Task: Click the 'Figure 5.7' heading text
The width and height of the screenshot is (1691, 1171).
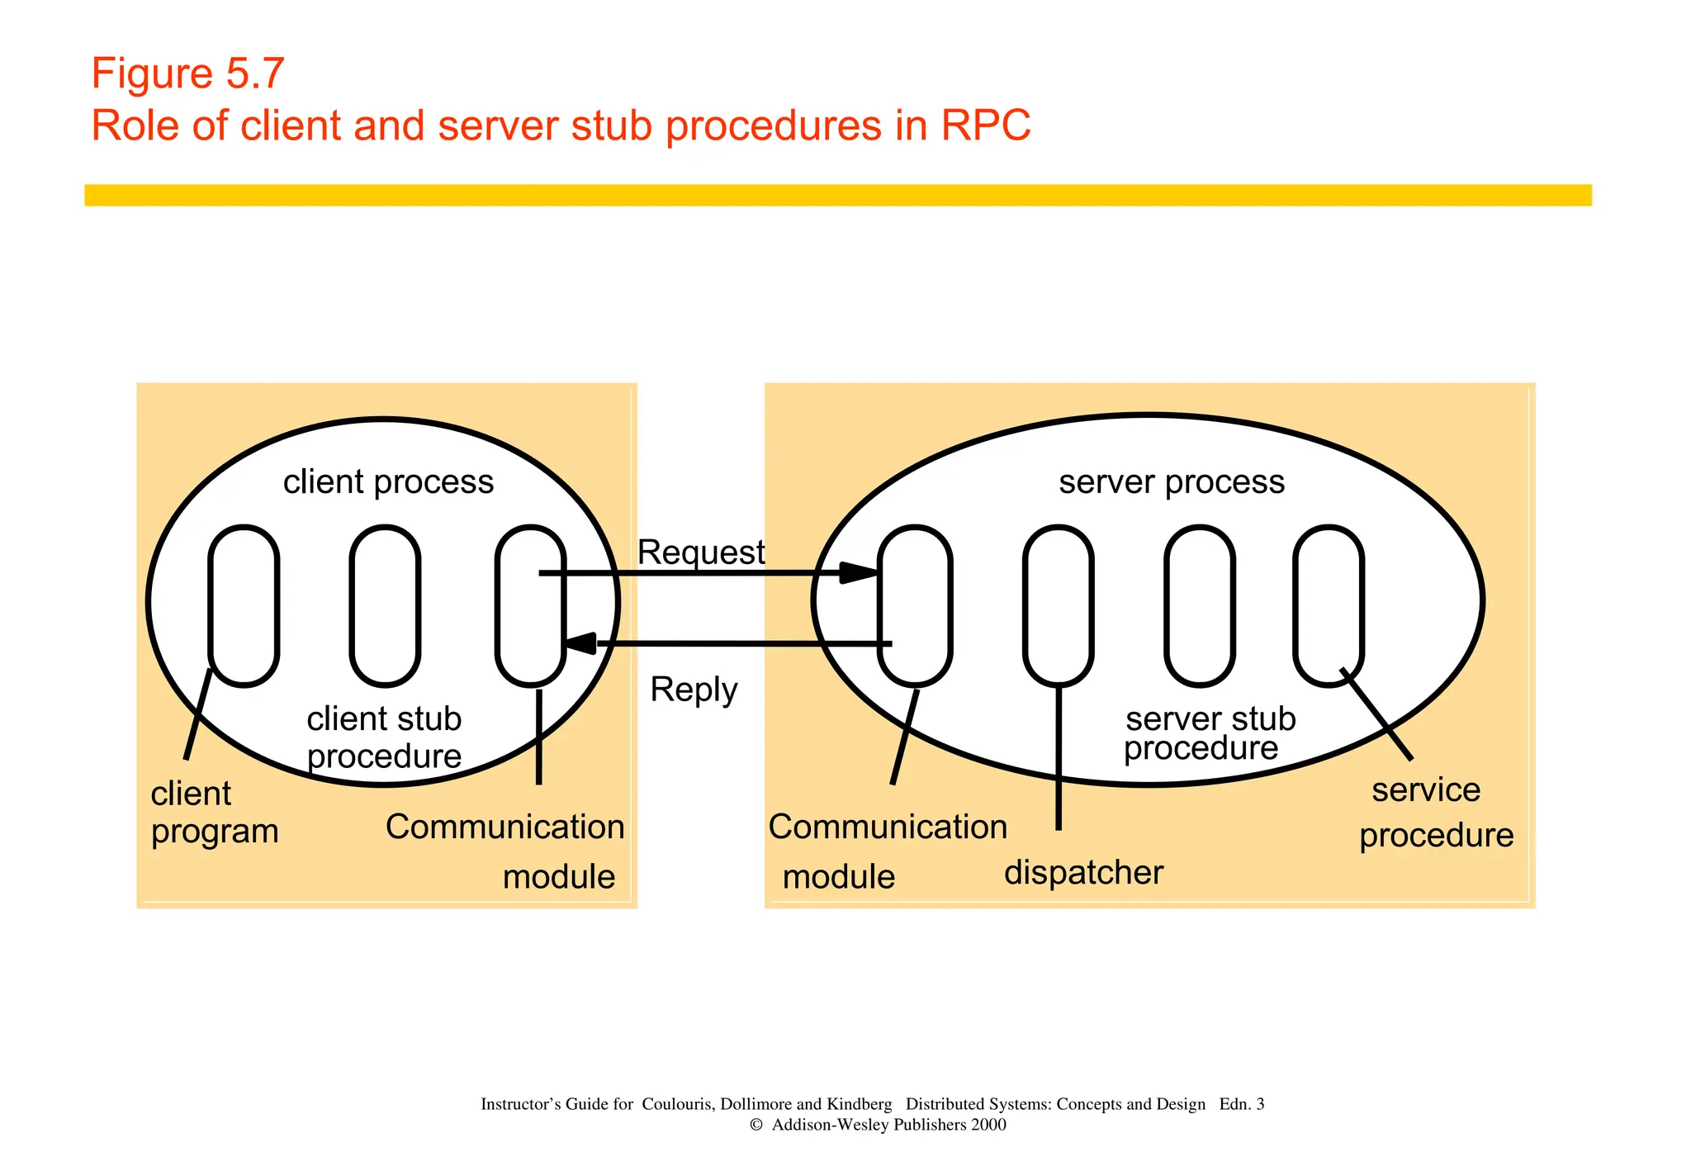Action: click(187, 73)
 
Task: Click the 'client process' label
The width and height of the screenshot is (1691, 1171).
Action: click(388, 481)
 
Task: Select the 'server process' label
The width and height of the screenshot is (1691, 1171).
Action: click(1171, 481)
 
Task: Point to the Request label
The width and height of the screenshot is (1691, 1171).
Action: click(701, 552)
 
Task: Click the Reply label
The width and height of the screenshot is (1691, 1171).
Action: click(694, 690)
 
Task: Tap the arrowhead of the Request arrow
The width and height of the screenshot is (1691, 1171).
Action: click(859, 572)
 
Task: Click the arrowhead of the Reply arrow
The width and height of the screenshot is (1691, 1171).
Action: click(580, 643)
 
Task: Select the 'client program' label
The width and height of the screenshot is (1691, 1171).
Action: click(214, 813)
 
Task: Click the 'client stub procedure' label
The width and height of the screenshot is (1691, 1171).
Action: click(384, 737)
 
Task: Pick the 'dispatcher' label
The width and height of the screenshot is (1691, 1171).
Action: click(1083, 873)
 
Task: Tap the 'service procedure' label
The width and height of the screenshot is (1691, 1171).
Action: click(1435, 813)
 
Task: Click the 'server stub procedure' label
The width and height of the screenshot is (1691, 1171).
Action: click(1209, 733)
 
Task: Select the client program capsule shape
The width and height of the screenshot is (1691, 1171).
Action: click(244, 605)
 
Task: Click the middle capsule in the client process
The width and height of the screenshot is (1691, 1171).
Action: click(385, 605)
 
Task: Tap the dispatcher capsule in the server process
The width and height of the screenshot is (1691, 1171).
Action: click(1058, 605)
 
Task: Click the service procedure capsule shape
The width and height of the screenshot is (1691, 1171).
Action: click(1328, 605)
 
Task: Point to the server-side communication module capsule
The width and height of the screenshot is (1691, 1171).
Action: click(915, 605)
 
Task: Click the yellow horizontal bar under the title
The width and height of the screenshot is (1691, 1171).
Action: click(837, 195)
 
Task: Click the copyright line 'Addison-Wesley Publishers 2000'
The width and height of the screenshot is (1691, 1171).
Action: click(878, 1125)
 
